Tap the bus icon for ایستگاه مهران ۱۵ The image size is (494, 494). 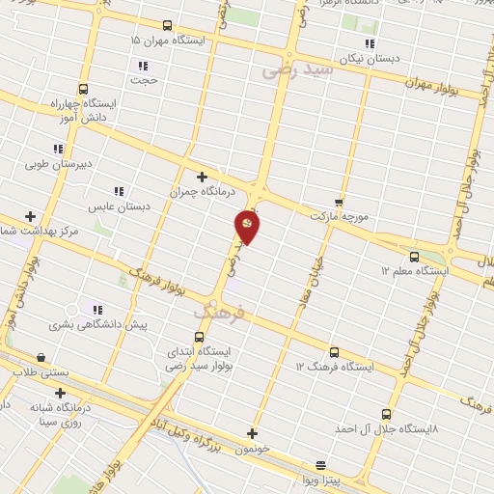[x=168, y=26]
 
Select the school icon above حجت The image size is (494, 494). [x=143, y=66]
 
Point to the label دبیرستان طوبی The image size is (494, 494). [x=59, y=164]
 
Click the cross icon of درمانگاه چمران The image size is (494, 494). [x=202, y=177]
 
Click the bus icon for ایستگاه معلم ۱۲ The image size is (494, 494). [x=414, y=257]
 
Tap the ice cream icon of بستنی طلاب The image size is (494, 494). [x=41, y=356]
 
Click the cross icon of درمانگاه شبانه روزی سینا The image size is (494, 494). [x=61, y=393]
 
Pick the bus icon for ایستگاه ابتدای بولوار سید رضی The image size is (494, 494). [x=200, y=337]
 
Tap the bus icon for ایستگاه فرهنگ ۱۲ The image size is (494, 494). [x=334, y=352]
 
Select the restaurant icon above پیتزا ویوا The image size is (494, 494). [x=320, y=464]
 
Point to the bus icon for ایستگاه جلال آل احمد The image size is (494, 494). [x=387, y=413]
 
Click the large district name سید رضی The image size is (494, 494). [x=298, y=69]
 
